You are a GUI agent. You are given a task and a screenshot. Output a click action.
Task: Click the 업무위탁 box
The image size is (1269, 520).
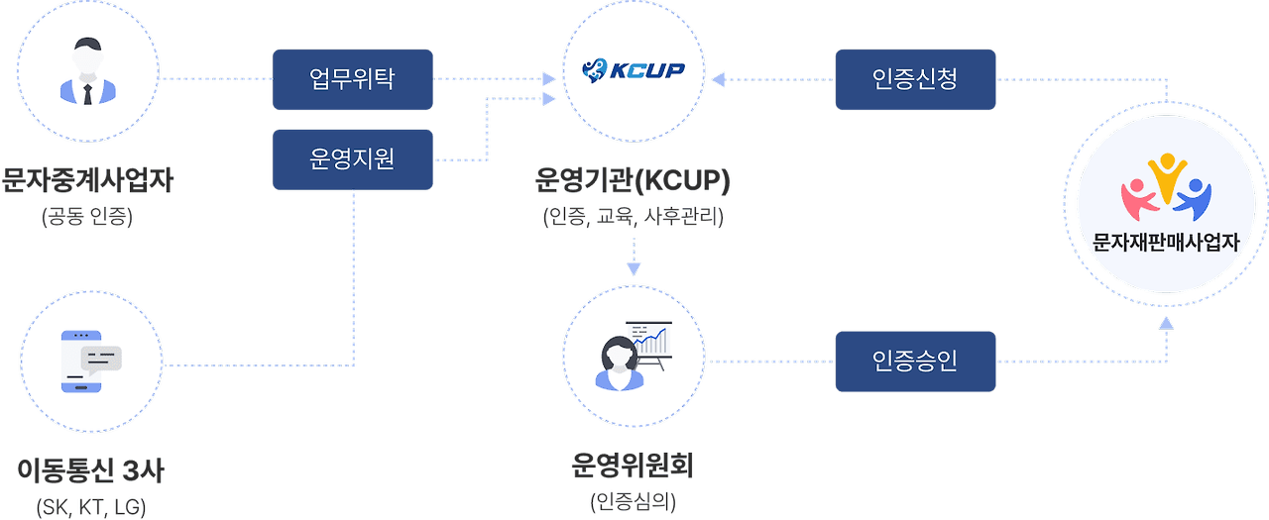pos(352,79)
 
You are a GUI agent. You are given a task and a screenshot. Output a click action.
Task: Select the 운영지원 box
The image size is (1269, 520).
pos(352,159)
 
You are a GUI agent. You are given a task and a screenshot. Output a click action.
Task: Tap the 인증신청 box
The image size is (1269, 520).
pos(915,79)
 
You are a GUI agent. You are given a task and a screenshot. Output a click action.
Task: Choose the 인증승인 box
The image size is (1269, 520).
pos(915,361)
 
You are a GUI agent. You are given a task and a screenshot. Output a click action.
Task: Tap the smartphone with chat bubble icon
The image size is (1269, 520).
pos(90,360)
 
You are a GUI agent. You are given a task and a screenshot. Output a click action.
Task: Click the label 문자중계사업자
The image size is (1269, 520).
pos(87,182)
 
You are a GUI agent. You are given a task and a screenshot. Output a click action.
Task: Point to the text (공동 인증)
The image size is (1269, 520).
pos(87,215)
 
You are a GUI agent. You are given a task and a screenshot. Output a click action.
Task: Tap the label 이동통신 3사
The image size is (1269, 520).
pos(90,470)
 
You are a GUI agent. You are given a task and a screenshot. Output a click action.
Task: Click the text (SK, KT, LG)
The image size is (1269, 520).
pos(90,507)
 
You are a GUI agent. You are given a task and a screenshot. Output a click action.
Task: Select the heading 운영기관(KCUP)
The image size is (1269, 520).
pos(633,182)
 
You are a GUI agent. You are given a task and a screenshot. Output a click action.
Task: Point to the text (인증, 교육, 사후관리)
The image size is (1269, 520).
pos(633,215)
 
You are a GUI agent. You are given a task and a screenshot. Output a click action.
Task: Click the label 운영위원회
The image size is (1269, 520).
pos(633,466)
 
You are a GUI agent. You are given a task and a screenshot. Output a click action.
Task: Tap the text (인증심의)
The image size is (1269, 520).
pos(633,501)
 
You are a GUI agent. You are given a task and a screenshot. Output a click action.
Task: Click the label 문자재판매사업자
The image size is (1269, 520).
pos(1166,242)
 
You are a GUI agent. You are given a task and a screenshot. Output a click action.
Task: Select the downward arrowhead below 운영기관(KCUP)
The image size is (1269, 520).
pos(633,268)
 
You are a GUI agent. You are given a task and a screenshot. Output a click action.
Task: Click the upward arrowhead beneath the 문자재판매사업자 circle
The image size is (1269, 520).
pos(1166,322)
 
